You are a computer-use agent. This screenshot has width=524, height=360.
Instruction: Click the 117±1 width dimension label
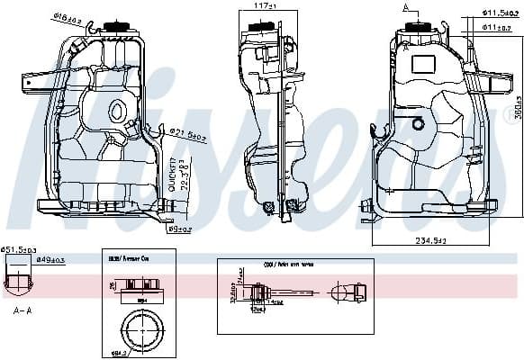(263, 6)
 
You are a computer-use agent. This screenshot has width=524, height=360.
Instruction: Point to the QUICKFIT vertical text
(172, 174)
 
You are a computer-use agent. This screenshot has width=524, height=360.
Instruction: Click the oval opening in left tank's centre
(116, 111)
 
